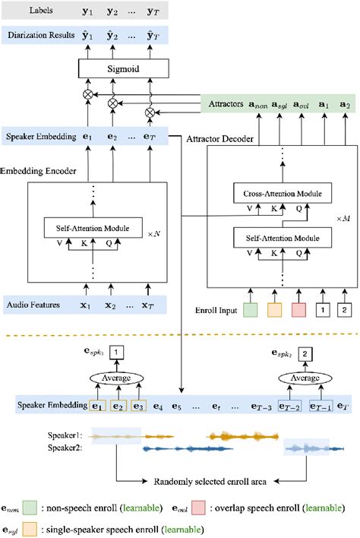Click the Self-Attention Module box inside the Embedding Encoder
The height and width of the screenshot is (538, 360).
coord(97,226)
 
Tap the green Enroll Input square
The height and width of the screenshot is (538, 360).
coord(251,310)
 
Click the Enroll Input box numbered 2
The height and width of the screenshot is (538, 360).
coord(346,310)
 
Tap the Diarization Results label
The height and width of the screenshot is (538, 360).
coord(39,34)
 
